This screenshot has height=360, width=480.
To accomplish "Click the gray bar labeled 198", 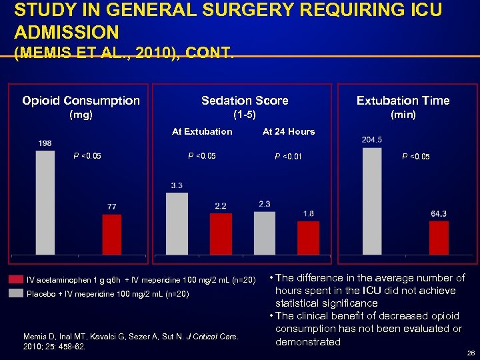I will [45, 203].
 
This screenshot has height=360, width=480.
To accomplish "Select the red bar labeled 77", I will [112, 235].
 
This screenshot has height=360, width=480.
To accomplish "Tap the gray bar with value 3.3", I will [177, 224].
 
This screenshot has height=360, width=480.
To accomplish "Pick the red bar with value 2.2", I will [221, 234].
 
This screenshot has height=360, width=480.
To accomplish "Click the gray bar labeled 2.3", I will [265, 233].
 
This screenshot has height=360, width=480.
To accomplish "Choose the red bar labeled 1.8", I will [308, 238].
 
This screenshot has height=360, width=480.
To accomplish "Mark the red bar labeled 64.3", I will [439, 238].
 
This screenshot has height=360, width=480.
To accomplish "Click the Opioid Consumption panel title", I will [81, 101].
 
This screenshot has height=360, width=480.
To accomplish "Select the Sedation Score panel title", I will [245, 101].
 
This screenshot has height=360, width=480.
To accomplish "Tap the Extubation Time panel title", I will [403, 101].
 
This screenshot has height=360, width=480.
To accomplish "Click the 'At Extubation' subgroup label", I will [202, 131].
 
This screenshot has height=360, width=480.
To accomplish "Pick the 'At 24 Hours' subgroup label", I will [289, 131].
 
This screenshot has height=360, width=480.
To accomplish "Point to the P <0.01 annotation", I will [288, 157].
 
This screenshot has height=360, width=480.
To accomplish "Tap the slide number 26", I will [469, 353].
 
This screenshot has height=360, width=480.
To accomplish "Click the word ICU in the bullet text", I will [371, 291].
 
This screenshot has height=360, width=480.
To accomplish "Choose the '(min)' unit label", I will [403, 115].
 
